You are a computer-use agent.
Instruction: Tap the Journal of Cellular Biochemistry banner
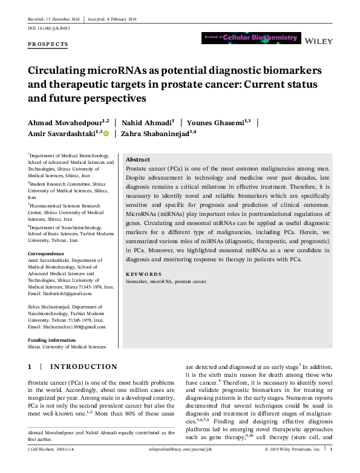point(250,38)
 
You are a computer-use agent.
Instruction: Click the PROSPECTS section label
point(48,45)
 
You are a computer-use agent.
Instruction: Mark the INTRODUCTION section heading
point(83,367)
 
